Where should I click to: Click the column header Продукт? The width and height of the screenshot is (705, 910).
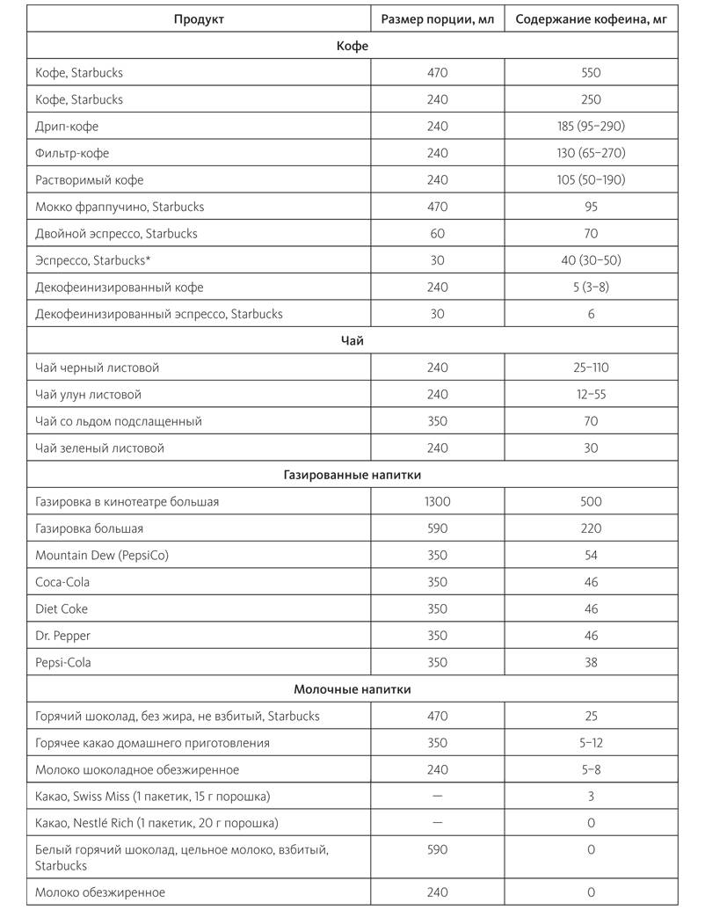199,18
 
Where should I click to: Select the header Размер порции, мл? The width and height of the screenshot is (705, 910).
437,18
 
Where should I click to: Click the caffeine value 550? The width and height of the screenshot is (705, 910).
591,73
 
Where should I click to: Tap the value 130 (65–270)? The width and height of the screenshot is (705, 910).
591,153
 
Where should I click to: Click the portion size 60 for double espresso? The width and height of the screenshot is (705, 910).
437,234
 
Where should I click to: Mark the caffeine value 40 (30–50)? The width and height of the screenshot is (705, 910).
591,260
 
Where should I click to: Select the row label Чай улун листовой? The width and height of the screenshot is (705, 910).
89,395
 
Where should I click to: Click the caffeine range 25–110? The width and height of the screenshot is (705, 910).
591,368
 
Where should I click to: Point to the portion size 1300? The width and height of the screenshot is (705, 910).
437,502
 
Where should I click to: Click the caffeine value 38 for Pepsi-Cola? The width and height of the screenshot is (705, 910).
591,663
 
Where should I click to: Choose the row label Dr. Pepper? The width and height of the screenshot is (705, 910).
63,636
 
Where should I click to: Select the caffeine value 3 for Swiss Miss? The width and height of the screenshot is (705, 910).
591,797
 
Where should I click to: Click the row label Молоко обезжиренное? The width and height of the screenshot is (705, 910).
100,892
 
